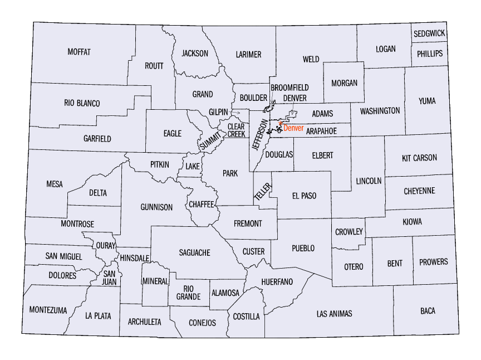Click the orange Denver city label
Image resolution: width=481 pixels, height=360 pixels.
pyautogui.click(x=293, y=128)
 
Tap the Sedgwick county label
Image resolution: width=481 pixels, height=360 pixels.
pyautogui.click(x=429, y=33)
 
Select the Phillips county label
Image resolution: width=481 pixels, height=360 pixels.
pyautogui.click(x=429, y=53)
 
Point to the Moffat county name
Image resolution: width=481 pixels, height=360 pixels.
pyautogui.click(x=79, y=52)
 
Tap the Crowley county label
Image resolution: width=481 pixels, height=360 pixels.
pyautogui.click(x=349, y=232)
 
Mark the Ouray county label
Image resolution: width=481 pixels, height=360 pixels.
pyautogui.click(x=106, y=245)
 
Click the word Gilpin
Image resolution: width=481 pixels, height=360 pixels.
pyautogui.click(x=219, y=111)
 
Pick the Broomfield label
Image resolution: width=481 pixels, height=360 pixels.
pyautogui.click(x=289, y=88)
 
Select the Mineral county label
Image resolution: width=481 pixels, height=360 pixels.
pyautogui.click(x=155, y=281)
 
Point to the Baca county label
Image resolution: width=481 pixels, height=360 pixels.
pyautogui.click(x=428, y=310)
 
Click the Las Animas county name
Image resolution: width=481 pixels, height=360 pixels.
pyautogui.click(x=334, y=314)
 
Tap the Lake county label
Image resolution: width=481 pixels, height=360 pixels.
pyautogui.click(x=193, y=166)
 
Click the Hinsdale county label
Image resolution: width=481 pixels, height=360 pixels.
pyautogui.click(x=134, y=258)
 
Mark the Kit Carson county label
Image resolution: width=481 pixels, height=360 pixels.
pyautogui.click(x=419, y=158)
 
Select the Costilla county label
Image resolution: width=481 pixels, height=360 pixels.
pyautogui.click(x=246, y=317)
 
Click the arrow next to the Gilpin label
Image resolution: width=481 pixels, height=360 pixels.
pyautogui.click(x=235, y=113)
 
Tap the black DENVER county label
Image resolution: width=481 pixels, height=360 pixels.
pyautogui.click(x=295, y=98)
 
